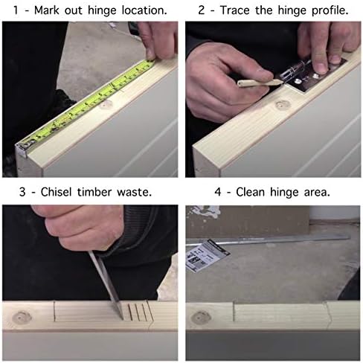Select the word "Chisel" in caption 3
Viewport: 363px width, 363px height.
click(56, 192)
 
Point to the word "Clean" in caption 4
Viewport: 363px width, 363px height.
click(250, 192)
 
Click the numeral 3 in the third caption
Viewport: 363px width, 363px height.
click(22, 192)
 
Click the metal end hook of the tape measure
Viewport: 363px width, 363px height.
click(24, 148)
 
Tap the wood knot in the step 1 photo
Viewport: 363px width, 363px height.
click(106, 104)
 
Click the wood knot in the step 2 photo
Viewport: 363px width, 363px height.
click(283, 106)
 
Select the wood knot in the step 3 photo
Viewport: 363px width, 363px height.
click(22, 318)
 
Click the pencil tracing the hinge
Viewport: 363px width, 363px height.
click(259, 83)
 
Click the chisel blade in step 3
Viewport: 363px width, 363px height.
click(106, 285)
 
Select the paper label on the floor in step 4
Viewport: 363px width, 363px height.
click(208, 255)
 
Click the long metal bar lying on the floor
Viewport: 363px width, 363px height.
click(268, 241)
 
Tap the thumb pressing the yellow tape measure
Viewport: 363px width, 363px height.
click(150, 52)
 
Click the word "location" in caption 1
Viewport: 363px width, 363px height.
click(143, 10)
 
